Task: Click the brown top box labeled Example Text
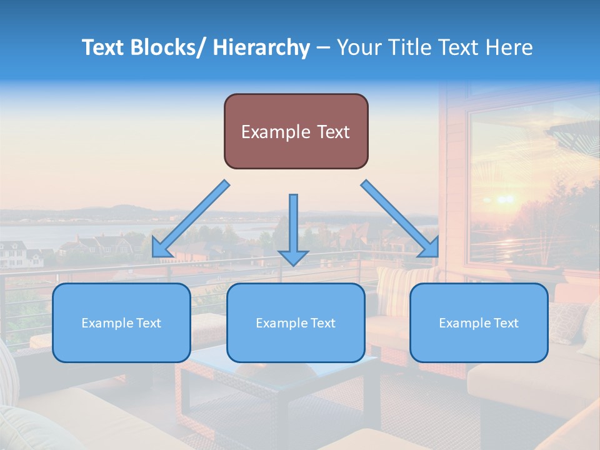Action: [296, 131]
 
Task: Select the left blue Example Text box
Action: [121, 322]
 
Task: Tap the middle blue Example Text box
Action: [296, 322]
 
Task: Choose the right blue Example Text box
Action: [479, 322]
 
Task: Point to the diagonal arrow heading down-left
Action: [191, 219]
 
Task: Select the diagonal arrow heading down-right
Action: [400, 219]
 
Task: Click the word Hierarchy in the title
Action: [261, 47]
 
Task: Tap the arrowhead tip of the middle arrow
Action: [293, 264]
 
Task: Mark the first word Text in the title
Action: [103, 47]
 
